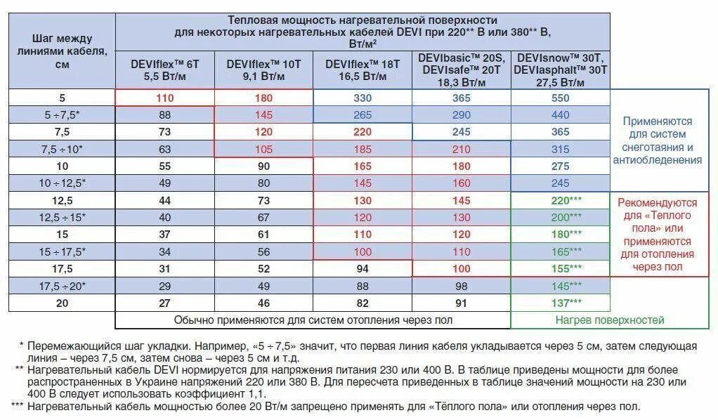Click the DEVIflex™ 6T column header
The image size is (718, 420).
[164, 70]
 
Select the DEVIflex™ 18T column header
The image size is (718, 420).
[363, 70]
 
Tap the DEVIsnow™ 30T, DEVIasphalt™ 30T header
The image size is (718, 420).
[561, 70]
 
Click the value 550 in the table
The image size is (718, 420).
[561, 98]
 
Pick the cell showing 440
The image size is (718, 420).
[561, 115]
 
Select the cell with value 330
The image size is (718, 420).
[363, 98]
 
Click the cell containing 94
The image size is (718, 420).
[363, 269]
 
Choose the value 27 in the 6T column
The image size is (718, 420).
[164, 303]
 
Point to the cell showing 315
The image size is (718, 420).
[561, 149]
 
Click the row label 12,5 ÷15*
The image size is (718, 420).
[62, 218]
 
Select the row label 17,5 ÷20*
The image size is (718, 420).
[62, 286]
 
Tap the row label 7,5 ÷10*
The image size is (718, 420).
[62, 149]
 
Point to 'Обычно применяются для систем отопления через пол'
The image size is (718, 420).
[313, 320]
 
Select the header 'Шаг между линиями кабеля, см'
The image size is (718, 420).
[62, 51]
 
